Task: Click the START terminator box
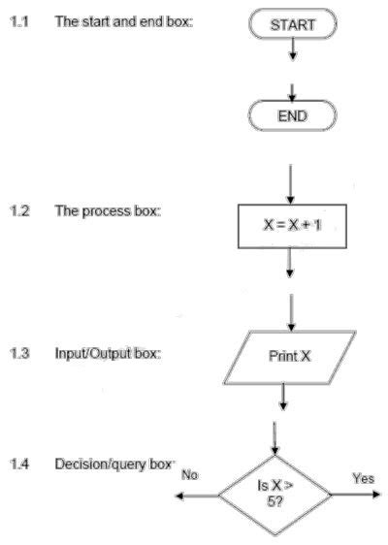click(x=291, y=25)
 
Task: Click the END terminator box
click(x=292, y=116)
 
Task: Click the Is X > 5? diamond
click(x=275, y=494)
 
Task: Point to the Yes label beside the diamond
click(x=364, y=478)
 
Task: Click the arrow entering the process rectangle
click(x=291, y=181)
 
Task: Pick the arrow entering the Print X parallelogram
click(x=291, y=310)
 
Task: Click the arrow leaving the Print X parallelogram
click(x=283, y=396)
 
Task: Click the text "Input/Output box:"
click(x=107, y=353)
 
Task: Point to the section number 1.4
click(x=17, y=465)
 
